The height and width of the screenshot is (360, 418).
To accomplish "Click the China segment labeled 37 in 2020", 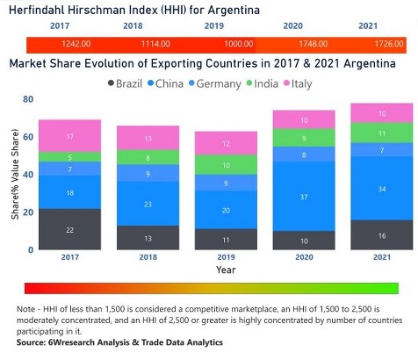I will pos(303,197).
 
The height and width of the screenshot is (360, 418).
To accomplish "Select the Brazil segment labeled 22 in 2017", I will pos(69,229).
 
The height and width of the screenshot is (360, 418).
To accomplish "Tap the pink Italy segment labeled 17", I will pos(69,136).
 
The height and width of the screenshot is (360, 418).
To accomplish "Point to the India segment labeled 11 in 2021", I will pos(380,133).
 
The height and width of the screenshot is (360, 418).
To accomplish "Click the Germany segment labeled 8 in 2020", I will pos(303,155).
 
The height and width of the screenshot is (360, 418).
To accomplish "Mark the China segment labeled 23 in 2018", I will pos(148,204).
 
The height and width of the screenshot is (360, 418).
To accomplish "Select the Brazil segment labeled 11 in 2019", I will pos(225,239).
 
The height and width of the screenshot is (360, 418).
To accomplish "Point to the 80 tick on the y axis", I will pos(27,99).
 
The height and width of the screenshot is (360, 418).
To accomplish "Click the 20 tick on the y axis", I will pos(27,212).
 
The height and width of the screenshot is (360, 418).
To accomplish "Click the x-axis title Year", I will pos(225,271).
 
